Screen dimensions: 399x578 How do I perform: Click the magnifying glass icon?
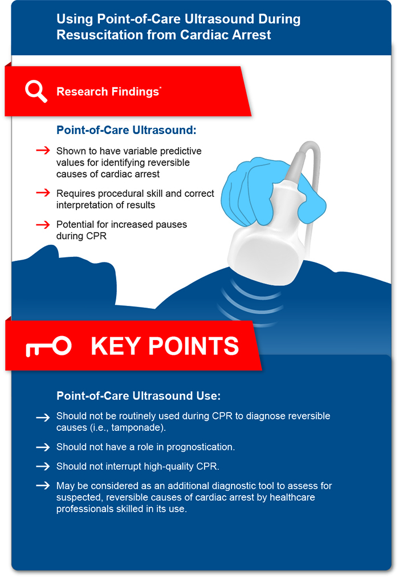point(36,91)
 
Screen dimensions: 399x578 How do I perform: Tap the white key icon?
point(48,346)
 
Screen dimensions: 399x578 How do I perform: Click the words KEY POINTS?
point(165,346)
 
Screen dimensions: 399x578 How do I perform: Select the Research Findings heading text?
point(108,91)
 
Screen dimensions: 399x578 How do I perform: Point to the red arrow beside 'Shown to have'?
point(43,151)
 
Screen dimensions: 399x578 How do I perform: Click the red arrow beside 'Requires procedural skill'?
point(43,193)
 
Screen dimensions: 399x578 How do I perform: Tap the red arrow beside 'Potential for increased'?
point(43,224)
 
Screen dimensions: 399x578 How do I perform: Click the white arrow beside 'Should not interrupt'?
point(43,466)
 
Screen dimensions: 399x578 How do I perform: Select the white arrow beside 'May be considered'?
point(43,486)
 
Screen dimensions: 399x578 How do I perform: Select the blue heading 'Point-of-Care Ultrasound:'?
point(126,130)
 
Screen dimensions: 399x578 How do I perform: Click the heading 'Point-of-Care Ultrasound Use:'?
point(139,396)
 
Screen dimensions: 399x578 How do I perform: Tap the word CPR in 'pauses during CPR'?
point(96,236)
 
